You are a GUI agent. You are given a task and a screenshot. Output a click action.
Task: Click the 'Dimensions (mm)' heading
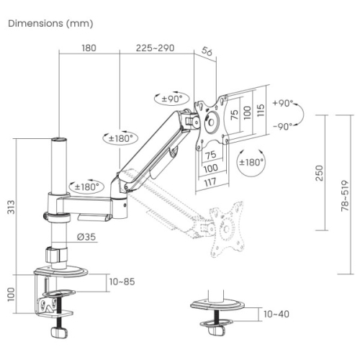[50, 24]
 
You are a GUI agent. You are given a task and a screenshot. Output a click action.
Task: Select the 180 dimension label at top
[89, 48]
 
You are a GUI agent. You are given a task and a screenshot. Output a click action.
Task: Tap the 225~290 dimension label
[155, 48]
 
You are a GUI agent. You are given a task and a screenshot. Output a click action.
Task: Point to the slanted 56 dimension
[207, 51]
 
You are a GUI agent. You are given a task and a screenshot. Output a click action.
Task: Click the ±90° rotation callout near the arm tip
[172, 99]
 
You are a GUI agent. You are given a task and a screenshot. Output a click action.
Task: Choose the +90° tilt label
[283, 103]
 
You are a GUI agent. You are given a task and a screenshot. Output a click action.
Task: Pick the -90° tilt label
[283, 126]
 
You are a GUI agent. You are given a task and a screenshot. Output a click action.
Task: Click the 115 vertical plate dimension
[261, 110]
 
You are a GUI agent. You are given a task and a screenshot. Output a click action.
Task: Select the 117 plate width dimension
[210, 182]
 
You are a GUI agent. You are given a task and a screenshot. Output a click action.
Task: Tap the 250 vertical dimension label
[320, 173]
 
